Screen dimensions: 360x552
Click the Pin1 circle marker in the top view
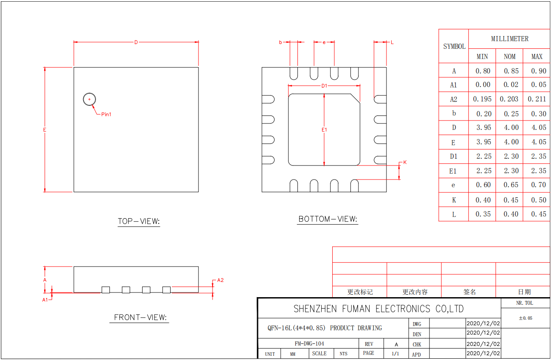click(90, 99)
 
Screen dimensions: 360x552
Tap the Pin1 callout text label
click(106, 114)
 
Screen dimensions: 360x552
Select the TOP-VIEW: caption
click(139, 221)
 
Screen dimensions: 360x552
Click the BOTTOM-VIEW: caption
click(328, 219)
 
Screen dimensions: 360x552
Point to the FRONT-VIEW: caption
click(140, 318)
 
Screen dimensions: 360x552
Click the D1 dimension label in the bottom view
click(324, 86)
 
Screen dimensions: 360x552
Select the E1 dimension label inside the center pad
click(324, 129)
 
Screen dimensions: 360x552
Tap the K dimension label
click(405, 163)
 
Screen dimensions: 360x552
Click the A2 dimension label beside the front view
click(220, 280)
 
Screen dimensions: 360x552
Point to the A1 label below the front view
click(45, 300)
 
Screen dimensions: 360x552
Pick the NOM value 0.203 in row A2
click(510, 99)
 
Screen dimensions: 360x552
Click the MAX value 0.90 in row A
click(537, 71)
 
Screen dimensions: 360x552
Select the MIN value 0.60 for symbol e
click(483, 185)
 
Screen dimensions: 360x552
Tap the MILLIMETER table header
click(510, 39)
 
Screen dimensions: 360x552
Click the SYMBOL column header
click(454, 47)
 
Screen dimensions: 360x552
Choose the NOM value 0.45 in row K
click(510, 200)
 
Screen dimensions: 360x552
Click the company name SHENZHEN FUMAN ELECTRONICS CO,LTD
click(378, 309)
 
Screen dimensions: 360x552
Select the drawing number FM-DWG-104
click(309, 343)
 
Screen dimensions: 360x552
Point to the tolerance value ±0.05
click(525, 318)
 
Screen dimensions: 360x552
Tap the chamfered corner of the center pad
click(355, 98)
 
